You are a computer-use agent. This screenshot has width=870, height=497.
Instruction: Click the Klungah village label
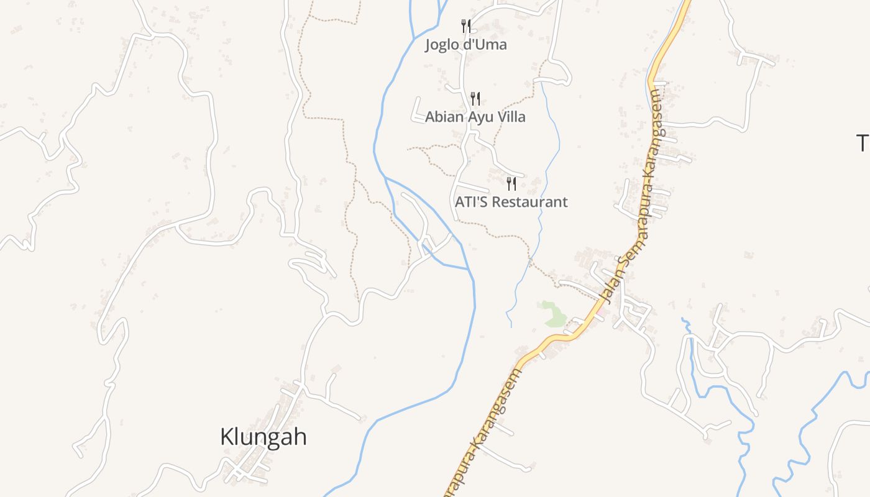coord(263,437)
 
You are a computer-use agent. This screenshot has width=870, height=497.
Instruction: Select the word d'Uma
coord(488,45)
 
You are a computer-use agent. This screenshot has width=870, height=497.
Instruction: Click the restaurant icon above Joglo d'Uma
coord(466,25)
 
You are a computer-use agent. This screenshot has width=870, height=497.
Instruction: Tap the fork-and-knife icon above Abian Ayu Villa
coord(475,98)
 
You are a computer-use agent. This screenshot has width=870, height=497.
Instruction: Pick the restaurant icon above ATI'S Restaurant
coord(511,183)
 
